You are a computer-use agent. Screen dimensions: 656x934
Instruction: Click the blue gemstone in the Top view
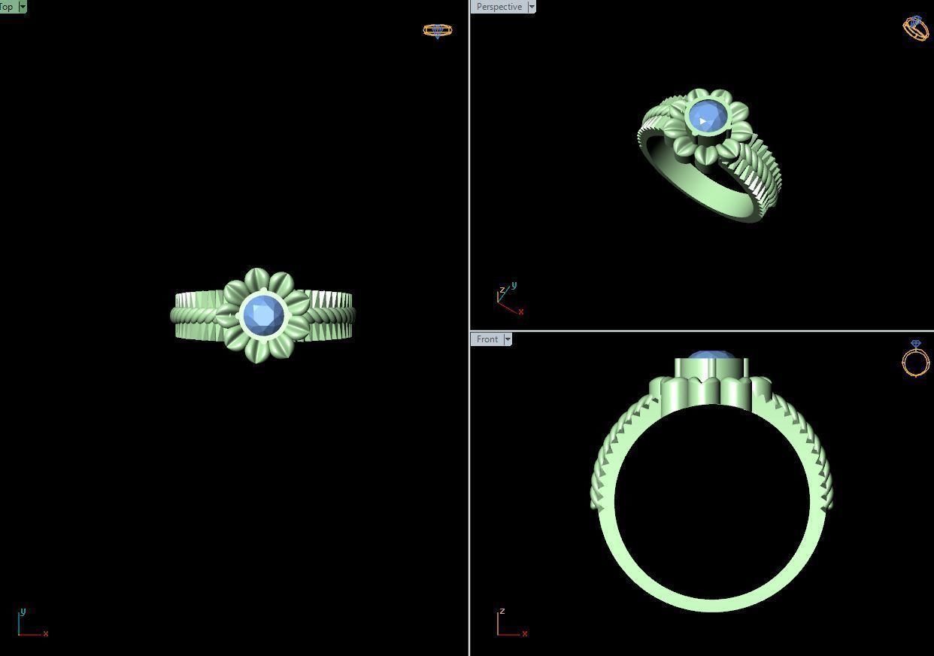264,315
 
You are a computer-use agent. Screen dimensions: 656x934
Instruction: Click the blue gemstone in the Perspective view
708,117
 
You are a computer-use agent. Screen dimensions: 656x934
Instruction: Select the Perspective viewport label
499,7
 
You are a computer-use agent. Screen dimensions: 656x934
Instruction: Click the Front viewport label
487,339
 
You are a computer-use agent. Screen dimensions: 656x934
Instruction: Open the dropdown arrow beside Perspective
532,7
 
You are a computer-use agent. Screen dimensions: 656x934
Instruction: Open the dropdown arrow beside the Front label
508,339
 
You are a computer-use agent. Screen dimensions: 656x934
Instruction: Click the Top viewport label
8,6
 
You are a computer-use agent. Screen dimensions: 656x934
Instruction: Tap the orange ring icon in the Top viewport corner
437,31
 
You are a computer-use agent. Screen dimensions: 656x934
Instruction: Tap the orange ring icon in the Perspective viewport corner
915,28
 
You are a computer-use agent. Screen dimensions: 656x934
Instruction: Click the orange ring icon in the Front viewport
915,359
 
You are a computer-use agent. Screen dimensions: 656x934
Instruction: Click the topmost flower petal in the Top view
257,278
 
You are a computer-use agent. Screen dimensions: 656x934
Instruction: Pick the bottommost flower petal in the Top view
258,351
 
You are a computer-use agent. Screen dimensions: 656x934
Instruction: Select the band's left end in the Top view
176,316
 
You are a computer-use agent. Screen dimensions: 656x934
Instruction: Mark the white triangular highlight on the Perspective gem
702,120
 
